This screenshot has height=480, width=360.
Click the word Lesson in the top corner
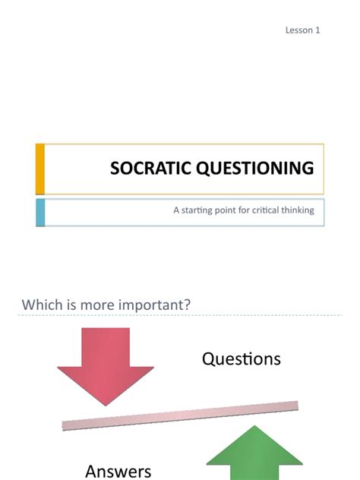pyautogui.click(x=298, y=30)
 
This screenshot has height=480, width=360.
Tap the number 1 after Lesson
pyautogui.click(x=318, y=30)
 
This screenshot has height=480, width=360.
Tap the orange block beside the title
pyautogui.click(x=40, y=168)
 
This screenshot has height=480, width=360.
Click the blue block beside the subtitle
pyautogui.click(x=40, y=213)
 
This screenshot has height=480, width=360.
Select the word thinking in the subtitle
pyautogui.click(x=298, y=210)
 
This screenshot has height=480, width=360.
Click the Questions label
pyautogui.click(x=242, y=358)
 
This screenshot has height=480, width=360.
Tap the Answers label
pyautogui.click(x=118, y=471)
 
